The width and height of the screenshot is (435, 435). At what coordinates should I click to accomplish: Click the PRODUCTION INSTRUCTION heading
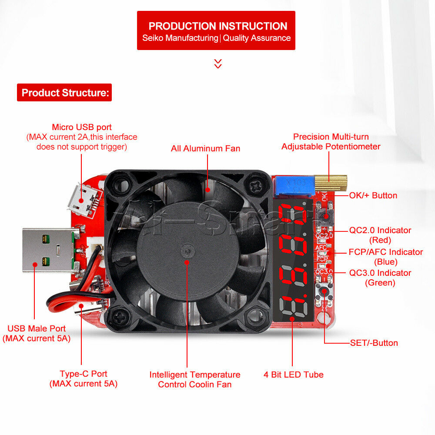[218, 26]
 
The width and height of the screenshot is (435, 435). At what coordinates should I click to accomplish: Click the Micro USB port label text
[82, 127]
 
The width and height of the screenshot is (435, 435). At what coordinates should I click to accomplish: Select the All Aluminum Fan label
[205, 148]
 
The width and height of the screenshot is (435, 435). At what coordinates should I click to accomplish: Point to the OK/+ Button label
[373, 195]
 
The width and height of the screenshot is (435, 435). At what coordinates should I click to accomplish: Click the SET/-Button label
[374, 343]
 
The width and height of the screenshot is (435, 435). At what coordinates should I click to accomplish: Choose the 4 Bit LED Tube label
[294, 375]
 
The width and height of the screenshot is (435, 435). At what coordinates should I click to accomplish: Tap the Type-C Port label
[84, 374]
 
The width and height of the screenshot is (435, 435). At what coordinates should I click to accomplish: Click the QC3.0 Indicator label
[380, 273]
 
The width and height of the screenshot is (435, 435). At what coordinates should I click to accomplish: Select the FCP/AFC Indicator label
[385, 252]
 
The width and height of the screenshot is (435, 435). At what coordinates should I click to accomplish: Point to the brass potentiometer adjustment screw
[331, 183]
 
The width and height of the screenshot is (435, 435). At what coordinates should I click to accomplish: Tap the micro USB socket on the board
[84, 200]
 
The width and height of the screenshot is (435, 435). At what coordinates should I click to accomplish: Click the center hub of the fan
[187, 251]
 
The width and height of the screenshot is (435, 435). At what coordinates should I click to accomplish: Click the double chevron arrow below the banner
[218, 64]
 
